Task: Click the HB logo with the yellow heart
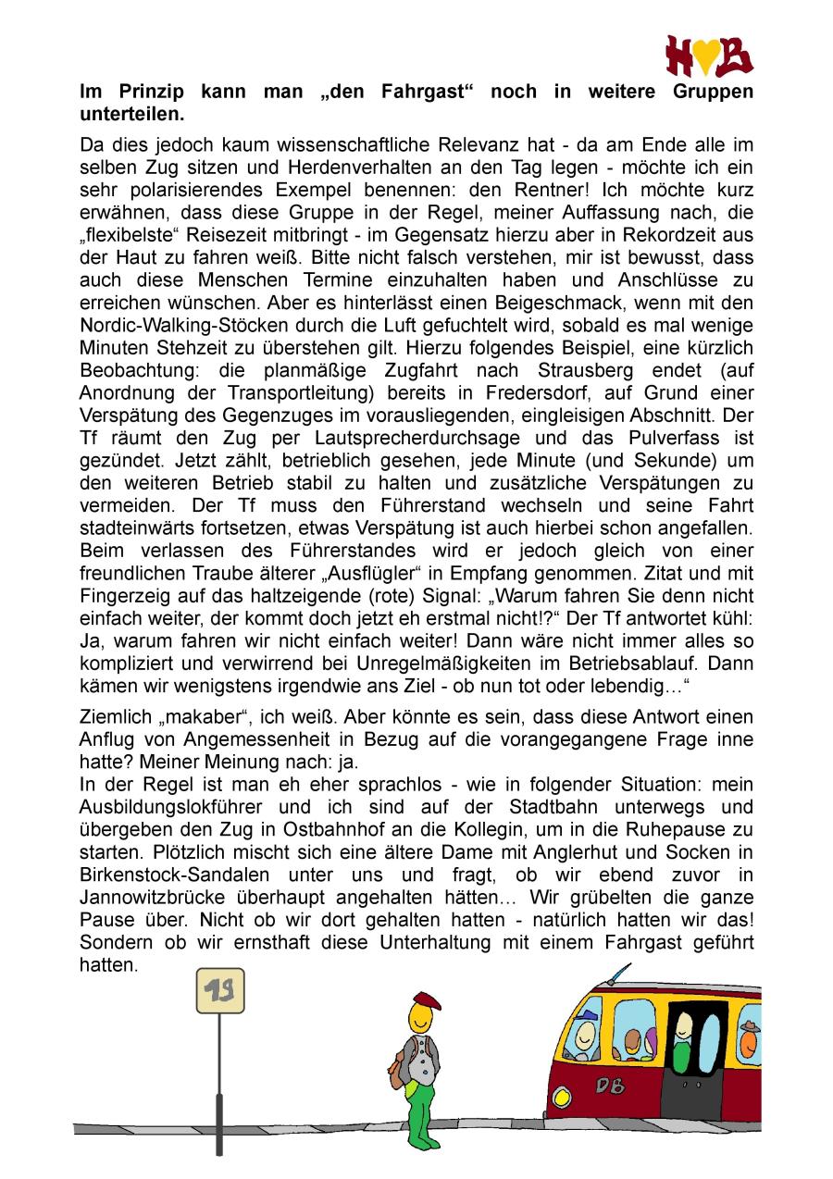[x=709, y=56]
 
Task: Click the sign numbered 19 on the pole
[x=219, y=991]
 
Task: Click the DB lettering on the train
[x=610, y=1086]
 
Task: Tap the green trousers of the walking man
[x=422, y=1115]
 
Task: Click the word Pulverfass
[x=647, y=438]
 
